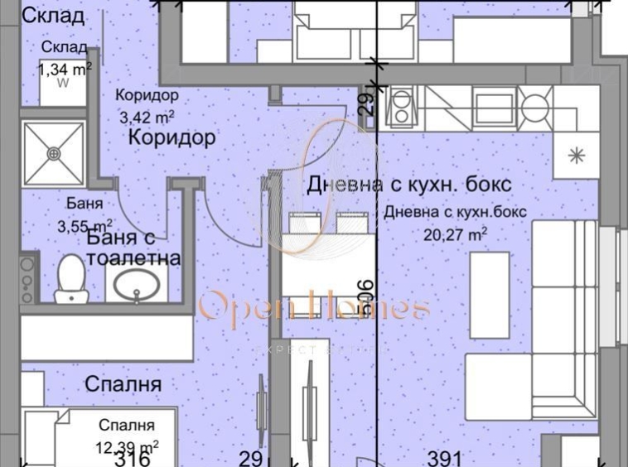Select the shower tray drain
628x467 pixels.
pyautogui.click(x=55, y=152)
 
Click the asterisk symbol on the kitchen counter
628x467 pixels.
pyautogui.click(x=575, y=155)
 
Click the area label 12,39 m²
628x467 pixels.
pyautogui.click(x=126, y=446)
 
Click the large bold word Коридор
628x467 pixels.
pyautogui.click(x=172, y=137)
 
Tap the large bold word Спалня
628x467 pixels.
pyautogui.click(x=123, y=384)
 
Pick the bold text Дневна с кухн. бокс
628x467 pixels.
pyautogui.click(x=409, y=184)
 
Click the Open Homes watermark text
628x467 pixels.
pyautogui.click(x=314, y=308)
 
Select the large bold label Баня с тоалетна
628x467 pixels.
pyautogui.click(x=133, y=248)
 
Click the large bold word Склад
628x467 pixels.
pyautogui.click(x=51, y=16)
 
